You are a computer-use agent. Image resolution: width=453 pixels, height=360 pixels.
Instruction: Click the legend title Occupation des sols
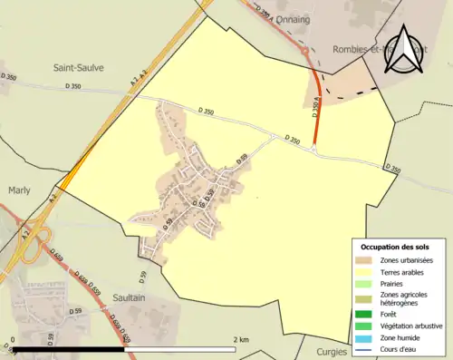[x=397, y=247]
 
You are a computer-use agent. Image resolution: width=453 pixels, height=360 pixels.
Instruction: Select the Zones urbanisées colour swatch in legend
[x=365, y=261]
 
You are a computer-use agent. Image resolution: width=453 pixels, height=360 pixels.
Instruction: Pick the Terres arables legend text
[x=407, y=272]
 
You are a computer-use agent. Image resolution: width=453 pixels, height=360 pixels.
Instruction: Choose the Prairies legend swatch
[x=365, y=284]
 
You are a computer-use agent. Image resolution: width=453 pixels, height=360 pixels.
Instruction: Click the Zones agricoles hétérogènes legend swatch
[x=365, y=297]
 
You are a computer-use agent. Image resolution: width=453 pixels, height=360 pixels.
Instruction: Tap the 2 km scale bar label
[x=240, y=339]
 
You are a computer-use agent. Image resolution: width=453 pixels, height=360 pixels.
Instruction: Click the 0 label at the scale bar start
[x=13, y=339]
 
